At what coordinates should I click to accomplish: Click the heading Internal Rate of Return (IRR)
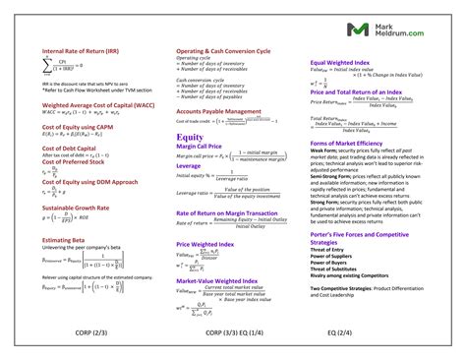pos(81,49)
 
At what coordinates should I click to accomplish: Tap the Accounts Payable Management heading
pos(219,111)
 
